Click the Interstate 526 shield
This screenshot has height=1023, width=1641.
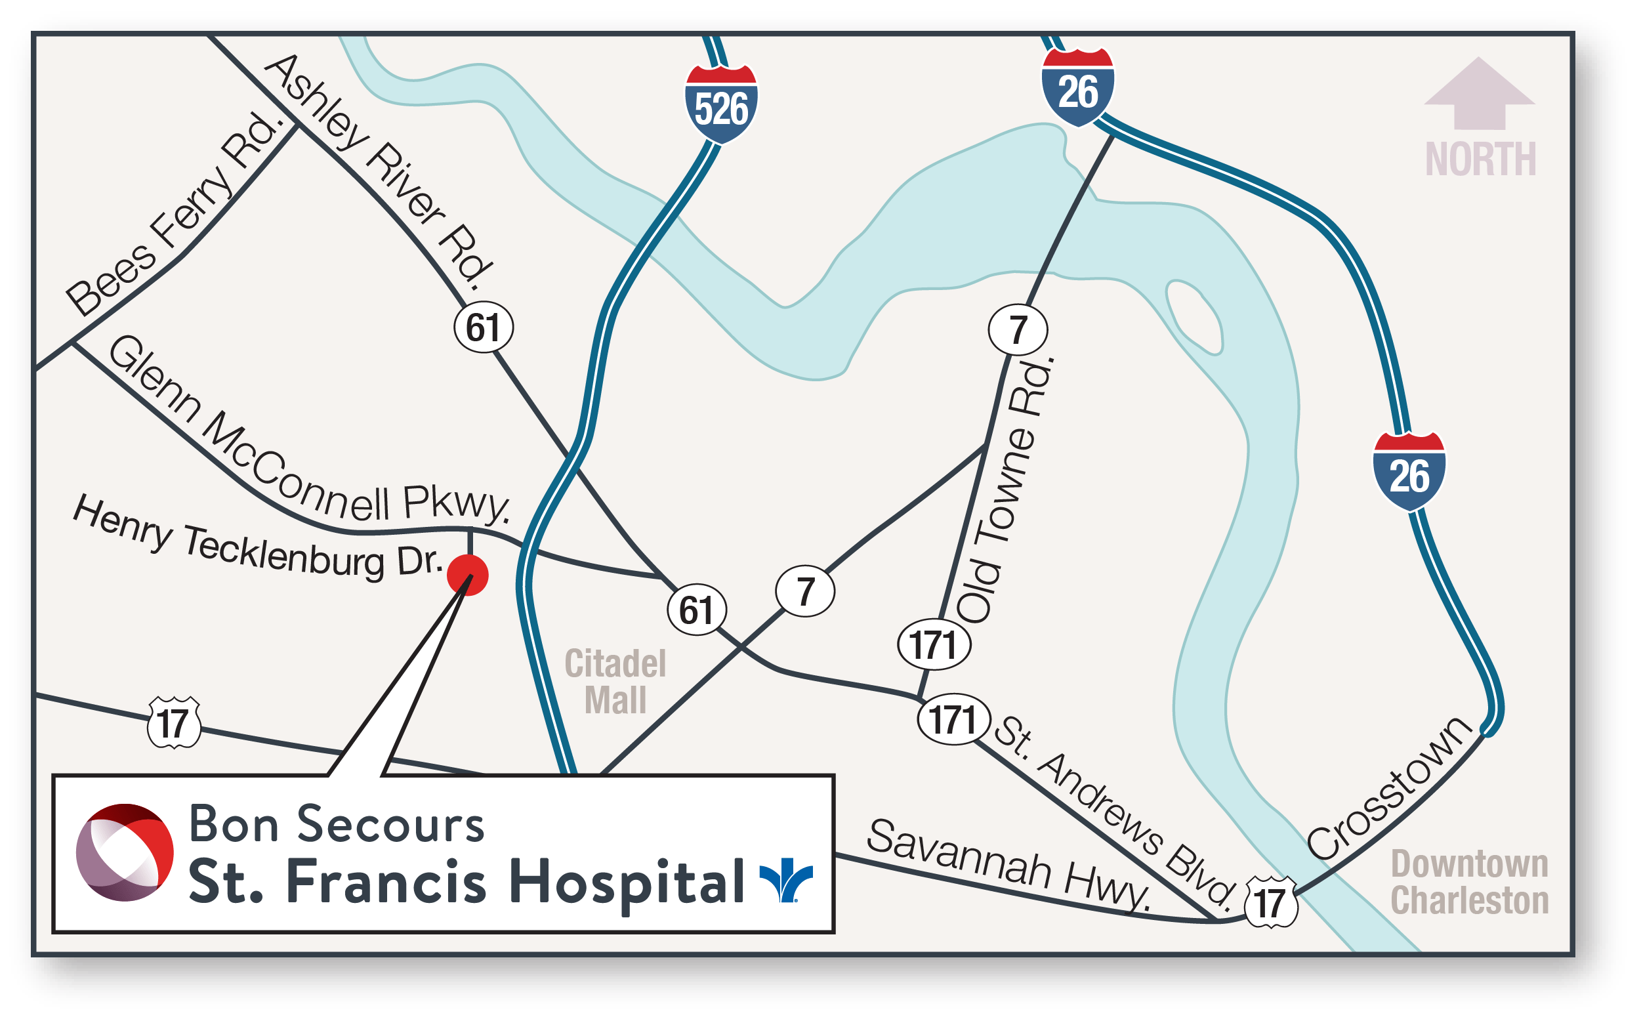point(721,105)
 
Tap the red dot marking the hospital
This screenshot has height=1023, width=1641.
point(467,575)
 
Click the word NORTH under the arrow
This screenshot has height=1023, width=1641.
point(1481,159)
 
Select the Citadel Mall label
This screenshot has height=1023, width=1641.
point(615,681)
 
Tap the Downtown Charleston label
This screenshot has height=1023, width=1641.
point(1469,883)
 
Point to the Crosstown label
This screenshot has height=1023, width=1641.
point(1390,788)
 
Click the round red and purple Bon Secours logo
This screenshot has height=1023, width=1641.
point(125,852)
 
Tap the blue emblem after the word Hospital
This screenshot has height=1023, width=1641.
point(786,880)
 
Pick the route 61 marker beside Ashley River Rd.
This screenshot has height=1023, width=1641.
point(483,327)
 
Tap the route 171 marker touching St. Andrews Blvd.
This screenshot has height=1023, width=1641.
point(953,719)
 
